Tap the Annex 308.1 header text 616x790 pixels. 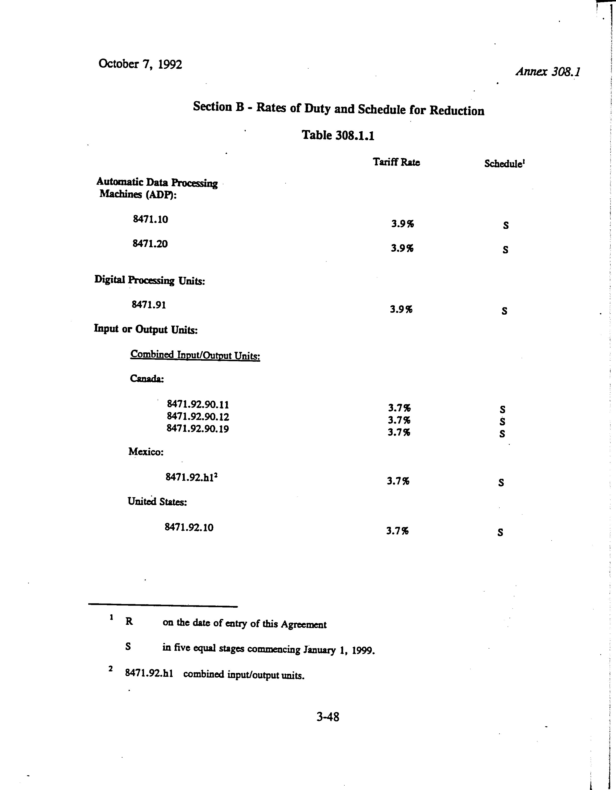tap(547, 72)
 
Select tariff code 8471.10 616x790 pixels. tap(150, 219)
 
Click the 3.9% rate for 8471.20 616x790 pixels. tap(402, 248)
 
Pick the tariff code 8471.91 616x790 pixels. tap(149, 305)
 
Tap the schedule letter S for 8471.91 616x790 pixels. tap(504, 311)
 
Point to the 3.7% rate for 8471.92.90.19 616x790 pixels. tap(399, 432)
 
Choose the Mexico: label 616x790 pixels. tap(146, 452)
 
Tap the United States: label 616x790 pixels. tap(157, 501)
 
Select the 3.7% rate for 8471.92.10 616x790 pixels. tap(397, 531)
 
